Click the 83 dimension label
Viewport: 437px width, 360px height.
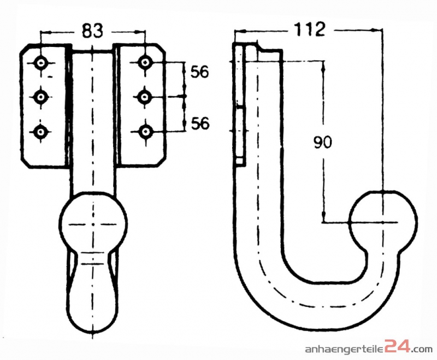point(93,31)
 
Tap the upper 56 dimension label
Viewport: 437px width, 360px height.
point(200,72)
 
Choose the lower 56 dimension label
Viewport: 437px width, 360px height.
point(200,123)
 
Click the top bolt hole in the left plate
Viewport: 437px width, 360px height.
point(42,63)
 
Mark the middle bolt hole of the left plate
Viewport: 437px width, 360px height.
point(42,97)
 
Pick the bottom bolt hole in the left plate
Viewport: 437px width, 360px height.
point(42,131)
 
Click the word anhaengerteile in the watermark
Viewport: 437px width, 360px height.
point(345,350)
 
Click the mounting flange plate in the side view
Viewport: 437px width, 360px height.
point(240,104)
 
